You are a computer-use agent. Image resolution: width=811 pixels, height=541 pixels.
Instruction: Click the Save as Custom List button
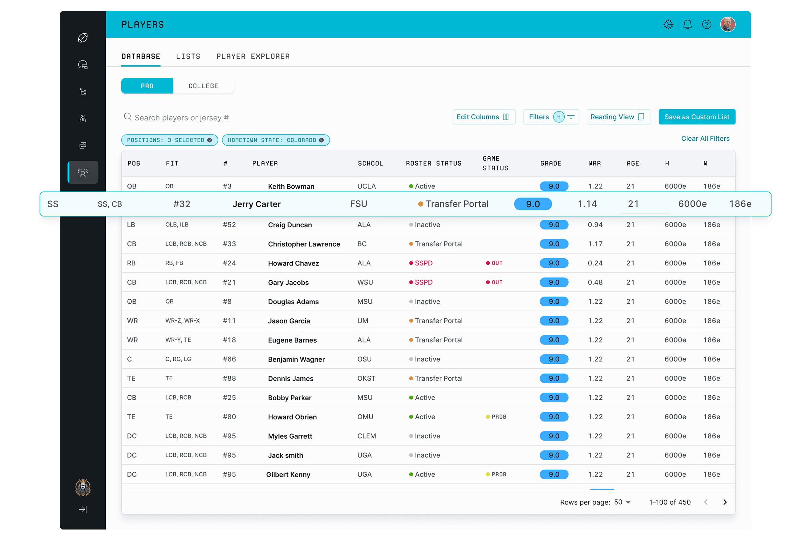pyautogui.click(x=696, y=117)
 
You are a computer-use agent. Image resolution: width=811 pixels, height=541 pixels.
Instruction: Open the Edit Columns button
pyautogui.click(x=484, y=117)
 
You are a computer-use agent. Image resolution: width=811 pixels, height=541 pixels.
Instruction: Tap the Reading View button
pyautogui.click(x=618, y=117)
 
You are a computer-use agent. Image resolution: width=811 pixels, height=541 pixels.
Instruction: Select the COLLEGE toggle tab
pyautogui.click(x=203, y=86)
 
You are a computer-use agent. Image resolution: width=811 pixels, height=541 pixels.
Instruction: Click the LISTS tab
pyautogui.click(x=188, y=56)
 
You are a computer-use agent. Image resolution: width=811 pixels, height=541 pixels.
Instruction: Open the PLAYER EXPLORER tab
pyautogui.click(x=253, y=56)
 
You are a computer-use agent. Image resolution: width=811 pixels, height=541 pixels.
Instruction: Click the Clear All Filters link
pyautogui.click(x=705, y=139)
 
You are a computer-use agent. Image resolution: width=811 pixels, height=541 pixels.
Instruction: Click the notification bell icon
pyautogui.click(x=687, y=24)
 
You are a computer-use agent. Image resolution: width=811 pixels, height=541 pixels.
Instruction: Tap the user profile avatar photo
pyautogui.click(x=728, y=24)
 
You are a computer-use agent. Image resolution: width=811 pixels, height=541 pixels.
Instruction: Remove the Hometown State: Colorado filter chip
pyautogui.click(x=321, y=140)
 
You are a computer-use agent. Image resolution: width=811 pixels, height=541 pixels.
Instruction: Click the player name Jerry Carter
pyautogui.click(x=256, y=204)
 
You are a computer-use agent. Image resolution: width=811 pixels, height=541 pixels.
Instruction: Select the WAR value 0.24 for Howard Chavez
pyautogui.click(x=595, y=263)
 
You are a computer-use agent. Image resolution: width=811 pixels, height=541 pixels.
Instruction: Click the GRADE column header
pyautogui.click(x=551, y=164)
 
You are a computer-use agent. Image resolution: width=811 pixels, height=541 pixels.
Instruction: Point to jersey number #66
pyautogui.click(x=229, y=359)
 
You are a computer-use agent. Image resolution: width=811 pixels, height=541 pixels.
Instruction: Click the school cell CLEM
pyautogui.click(x=367, y=436)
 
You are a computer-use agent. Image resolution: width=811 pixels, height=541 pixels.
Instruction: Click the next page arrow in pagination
pyautogui.click(x=725, y=502)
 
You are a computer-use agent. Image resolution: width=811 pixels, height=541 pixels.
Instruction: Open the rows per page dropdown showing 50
pyautogui.click(x=622, y=502)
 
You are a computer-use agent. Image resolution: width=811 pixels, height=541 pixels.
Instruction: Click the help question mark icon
pyautogui.click(x=707, y=24)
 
